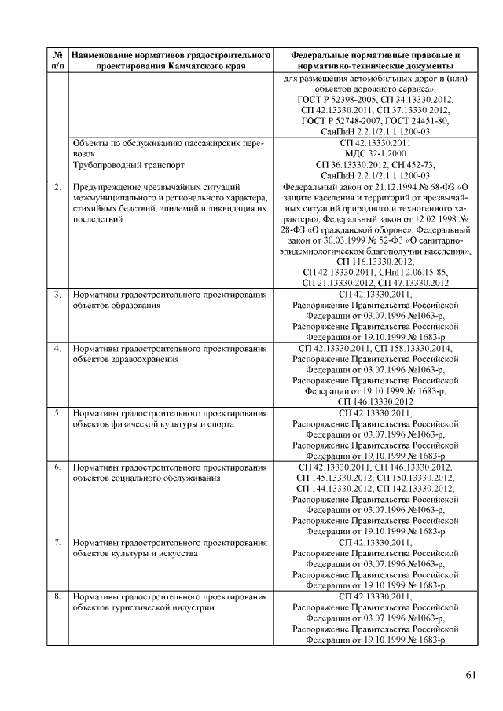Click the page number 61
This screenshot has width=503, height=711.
coord(470,674)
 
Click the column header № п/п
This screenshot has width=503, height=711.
coord(57,60)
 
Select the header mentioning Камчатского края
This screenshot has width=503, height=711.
coord(170,60)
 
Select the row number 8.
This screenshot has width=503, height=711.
coord(57,597)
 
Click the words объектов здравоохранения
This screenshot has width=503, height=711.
coord(126,359)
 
